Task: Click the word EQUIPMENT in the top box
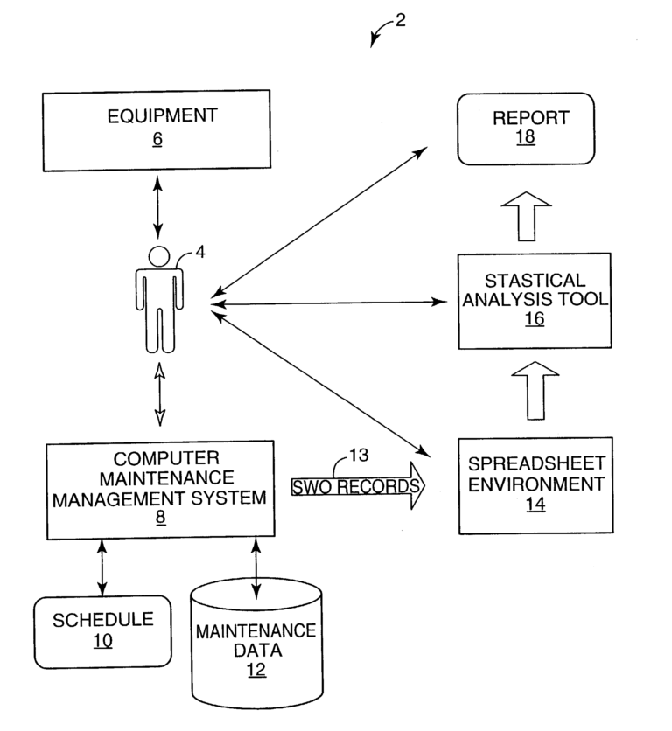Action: [x=157, y=115]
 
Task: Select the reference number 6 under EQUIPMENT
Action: [x=157, y=139]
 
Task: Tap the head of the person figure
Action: [x=158, y=256]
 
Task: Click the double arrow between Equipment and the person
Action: [x=157, y=206]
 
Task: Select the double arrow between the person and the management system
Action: [x=158, y=395]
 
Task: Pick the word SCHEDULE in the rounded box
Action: [x=103, y=620]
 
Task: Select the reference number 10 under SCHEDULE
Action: [x=103, y=642]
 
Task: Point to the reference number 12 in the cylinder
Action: [x=255, y=670]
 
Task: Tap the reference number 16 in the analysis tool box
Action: [x=534, y=320]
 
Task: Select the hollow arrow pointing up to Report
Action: [x=526, y=216]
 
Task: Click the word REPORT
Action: [x=525, y=117]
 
